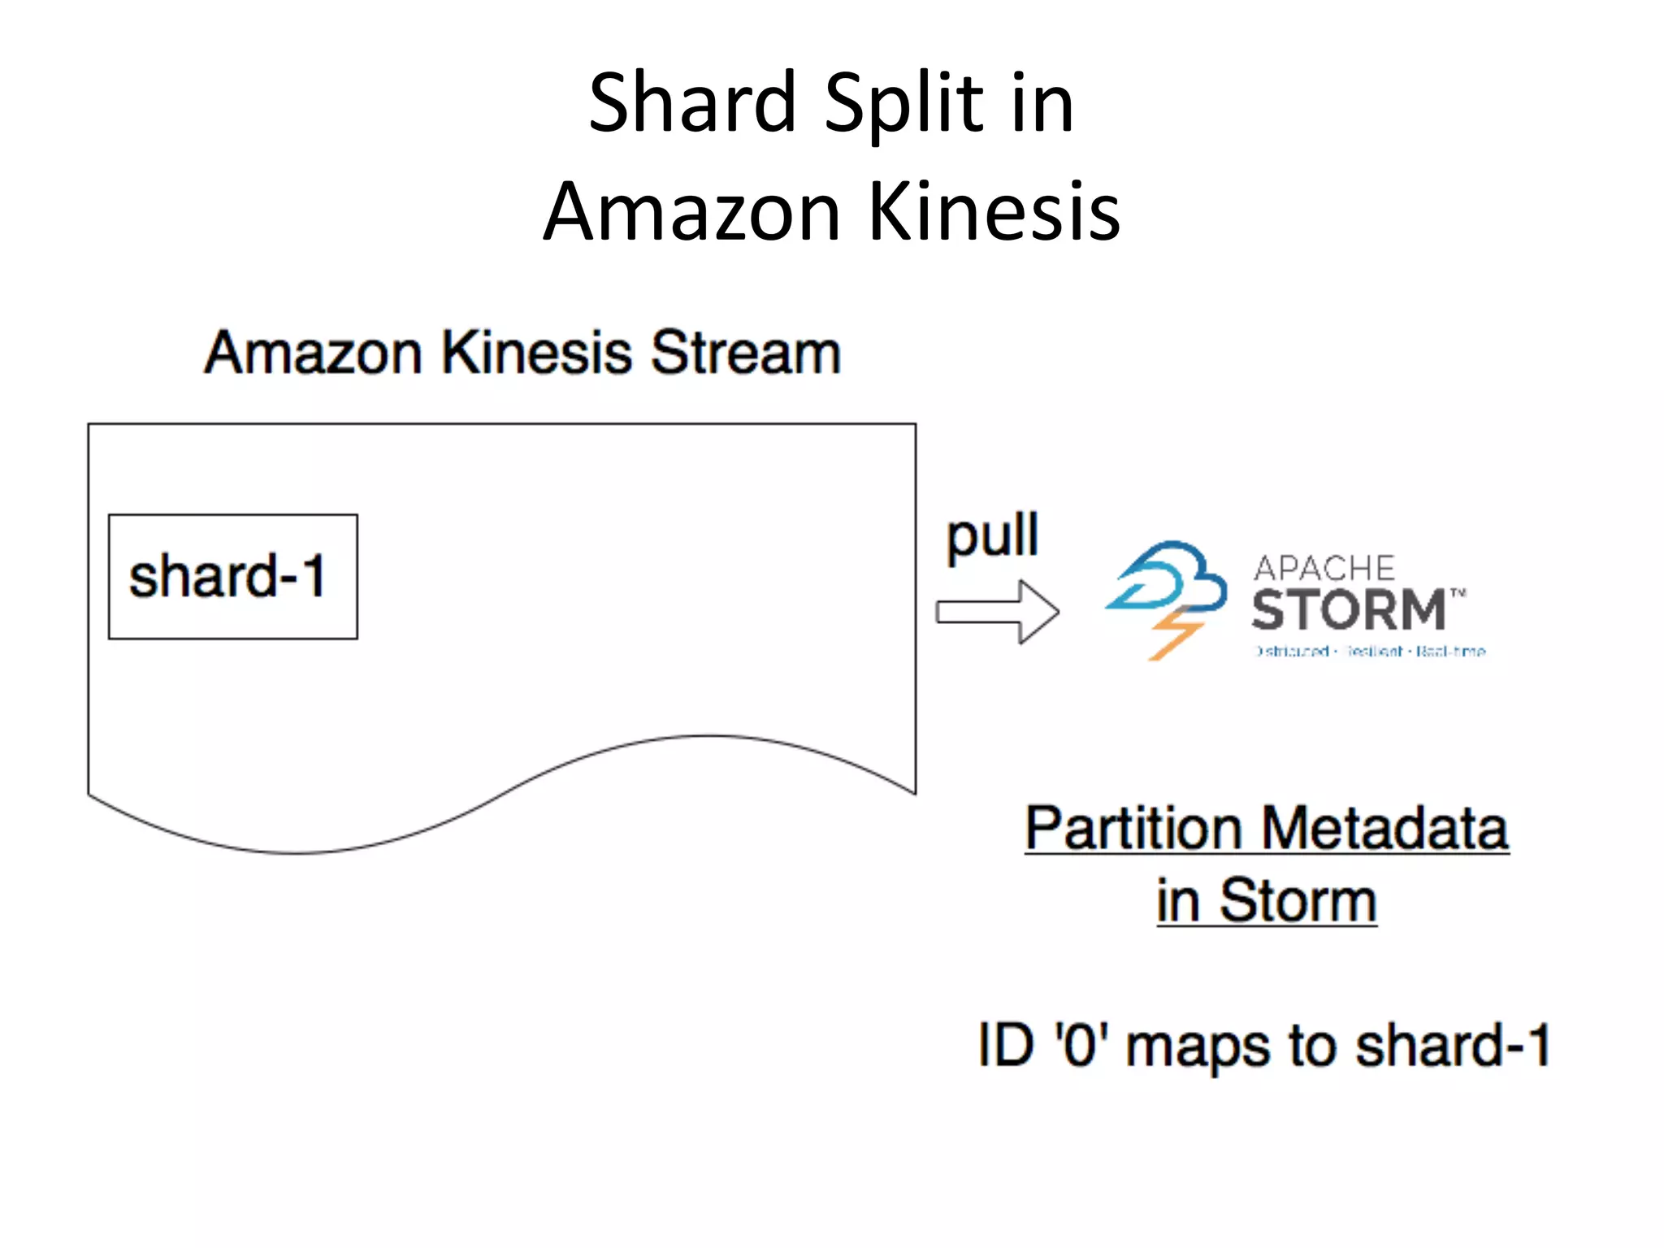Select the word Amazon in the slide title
pos(691,212)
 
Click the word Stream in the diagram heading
pos(745,353)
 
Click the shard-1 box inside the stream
pos(232,576)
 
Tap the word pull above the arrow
pos(992,536)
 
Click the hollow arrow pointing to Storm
pos(997,612)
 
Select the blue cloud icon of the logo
pos(1170,578)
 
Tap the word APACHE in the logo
pos(1324,568)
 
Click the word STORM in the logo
pos(1349,611)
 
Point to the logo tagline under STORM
pos(1370,652)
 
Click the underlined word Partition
pos(1133,829)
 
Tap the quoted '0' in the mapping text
pos(1081,1045)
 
